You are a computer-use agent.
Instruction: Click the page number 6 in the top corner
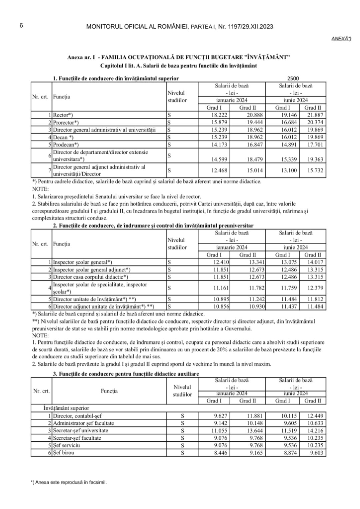click(21, 26)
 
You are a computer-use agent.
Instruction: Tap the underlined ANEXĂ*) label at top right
click(341, 39)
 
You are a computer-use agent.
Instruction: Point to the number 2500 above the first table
click(293, 79)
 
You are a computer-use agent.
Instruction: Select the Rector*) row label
click(63, 115)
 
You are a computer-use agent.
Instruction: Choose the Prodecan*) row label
click(66, 145)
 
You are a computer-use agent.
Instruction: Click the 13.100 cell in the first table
click(283, 171)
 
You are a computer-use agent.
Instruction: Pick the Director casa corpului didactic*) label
click(90, 277)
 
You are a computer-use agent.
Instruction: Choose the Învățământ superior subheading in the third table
click(66, 408)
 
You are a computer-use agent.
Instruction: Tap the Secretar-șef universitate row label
click(80, 430)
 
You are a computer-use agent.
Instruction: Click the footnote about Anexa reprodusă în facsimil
click(69, 482)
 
